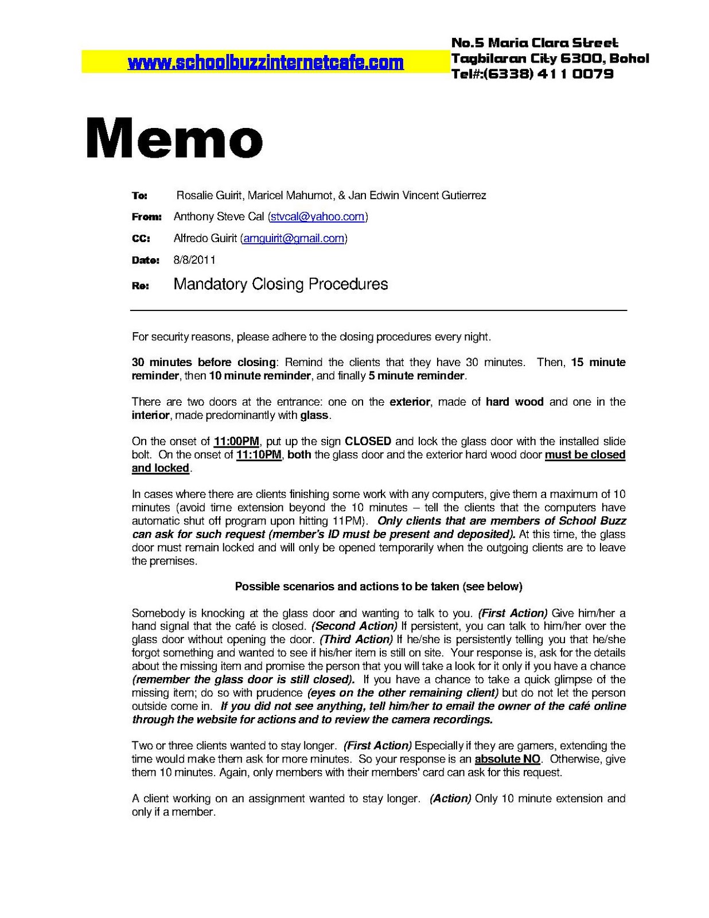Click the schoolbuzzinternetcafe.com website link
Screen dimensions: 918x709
[x=265, y=63]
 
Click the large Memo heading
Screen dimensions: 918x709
[x=174, y=138]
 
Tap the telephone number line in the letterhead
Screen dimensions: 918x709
[x=532, y=73]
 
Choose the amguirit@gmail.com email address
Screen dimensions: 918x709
[x=294, y=238]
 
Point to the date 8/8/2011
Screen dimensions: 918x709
[x=194, y=260]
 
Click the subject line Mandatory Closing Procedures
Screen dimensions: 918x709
[x=281, y=284]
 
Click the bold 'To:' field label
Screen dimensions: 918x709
[x=139, y=196]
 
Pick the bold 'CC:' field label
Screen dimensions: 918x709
[x=141, y=239]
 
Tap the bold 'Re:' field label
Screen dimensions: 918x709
[x=140, y=286]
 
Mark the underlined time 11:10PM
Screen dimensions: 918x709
[x=259, y=454]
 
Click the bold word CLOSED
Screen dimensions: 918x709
[x=368, y=441]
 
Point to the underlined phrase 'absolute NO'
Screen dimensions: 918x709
[x=508, y=759]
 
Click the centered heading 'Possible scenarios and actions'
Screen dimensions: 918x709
[x=379, y=586]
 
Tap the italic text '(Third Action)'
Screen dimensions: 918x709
[x=356, y=639]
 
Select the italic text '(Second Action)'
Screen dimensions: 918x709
[x=354, y=626]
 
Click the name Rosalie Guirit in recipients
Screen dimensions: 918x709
[x=210, y=196]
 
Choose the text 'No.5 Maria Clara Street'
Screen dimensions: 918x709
[x=535, y=42]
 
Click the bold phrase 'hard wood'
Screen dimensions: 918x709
[x=515, y=402]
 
